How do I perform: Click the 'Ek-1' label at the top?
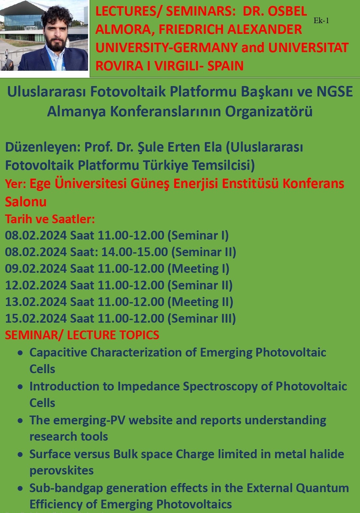click(321, 21)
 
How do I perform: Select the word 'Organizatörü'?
click(269, 111)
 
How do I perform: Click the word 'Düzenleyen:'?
click(43, 147)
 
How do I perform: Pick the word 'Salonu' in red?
click(26, 202)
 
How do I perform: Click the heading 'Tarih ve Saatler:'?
click(50, 219)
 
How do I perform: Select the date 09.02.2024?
click(36, 269)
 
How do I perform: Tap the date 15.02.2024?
click(36, 318)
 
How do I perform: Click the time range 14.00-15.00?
click(135, 252)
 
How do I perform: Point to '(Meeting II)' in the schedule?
click(200, 302)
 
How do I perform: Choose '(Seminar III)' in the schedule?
click(202, 318)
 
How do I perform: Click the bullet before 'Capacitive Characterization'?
click(21, 353)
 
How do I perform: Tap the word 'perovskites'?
click(61, 471)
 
